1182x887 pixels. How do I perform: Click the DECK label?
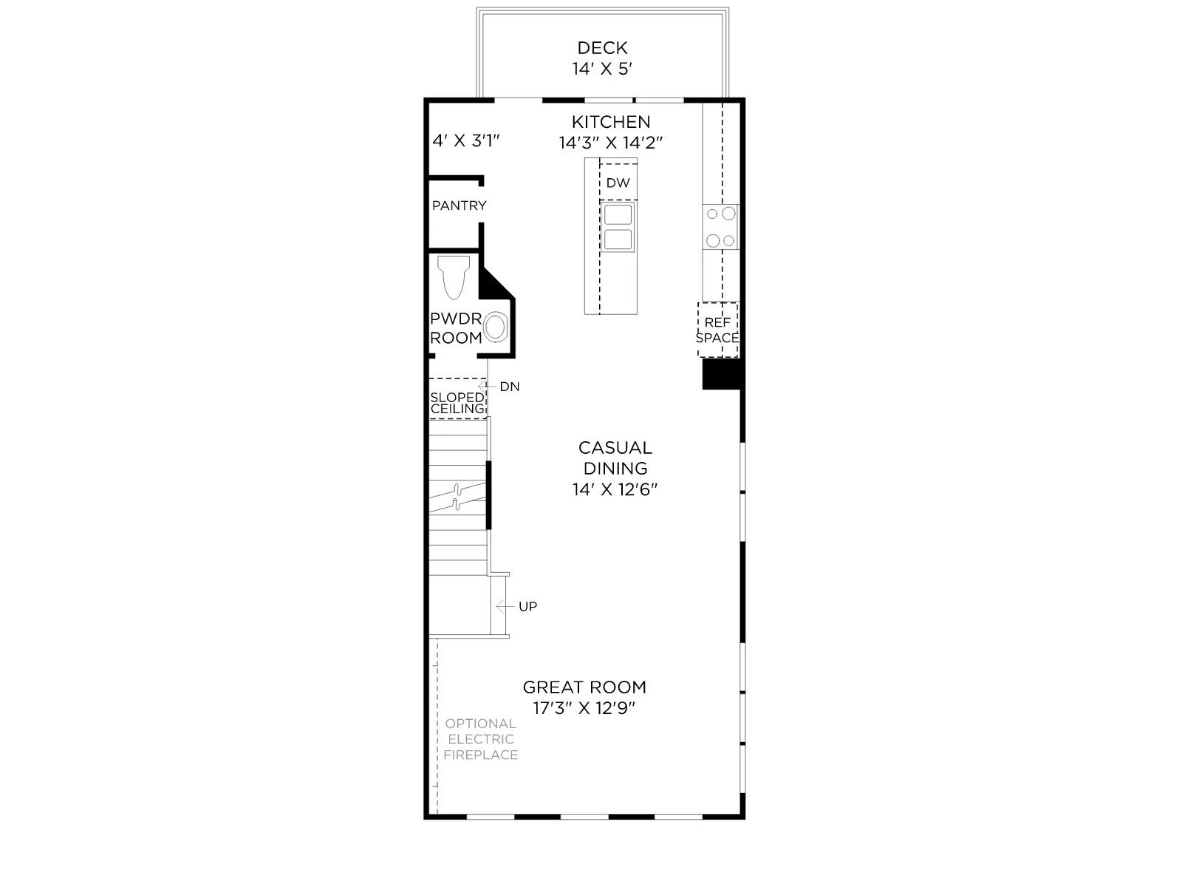(602, 48)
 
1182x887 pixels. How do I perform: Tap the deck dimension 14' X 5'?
(602, 69)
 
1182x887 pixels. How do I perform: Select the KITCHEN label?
(611, 122)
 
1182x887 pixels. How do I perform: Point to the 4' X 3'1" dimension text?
(466, 140)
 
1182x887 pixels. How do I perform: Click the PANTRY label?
(460, 205)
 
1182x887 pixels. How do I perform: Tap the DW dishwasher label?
(618, 183)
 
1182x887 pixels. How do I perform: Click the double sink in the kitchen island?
(618, 227)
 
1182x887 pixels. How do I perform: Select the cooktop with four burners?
(720, 227)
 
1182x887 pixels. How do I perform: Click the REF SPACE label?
(717, 330)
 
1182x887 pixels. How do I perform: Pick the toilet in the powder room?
(454, 276)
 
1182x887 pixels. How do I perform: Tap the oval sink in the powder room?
(496, 327)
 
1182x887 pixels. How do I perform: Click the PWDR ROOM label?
(456, 328)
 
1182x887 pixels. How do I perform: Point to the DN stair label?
(510, 387)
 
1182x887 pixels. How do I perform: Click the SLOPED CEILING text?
(458, 404)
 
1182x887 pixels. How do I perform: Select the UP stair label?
(527, 606)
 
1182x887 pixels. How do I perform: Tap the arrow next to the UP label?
(505, 606)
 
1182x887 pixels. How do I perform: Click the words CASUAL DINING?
(615, 458)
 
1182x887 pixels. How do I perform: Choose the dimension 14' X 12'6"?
(615, 489)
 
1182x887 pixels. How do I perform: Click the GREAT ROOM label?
(584, 687)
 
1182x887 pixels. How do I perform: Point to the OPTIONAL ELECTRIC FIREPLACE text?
(480, 739)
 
